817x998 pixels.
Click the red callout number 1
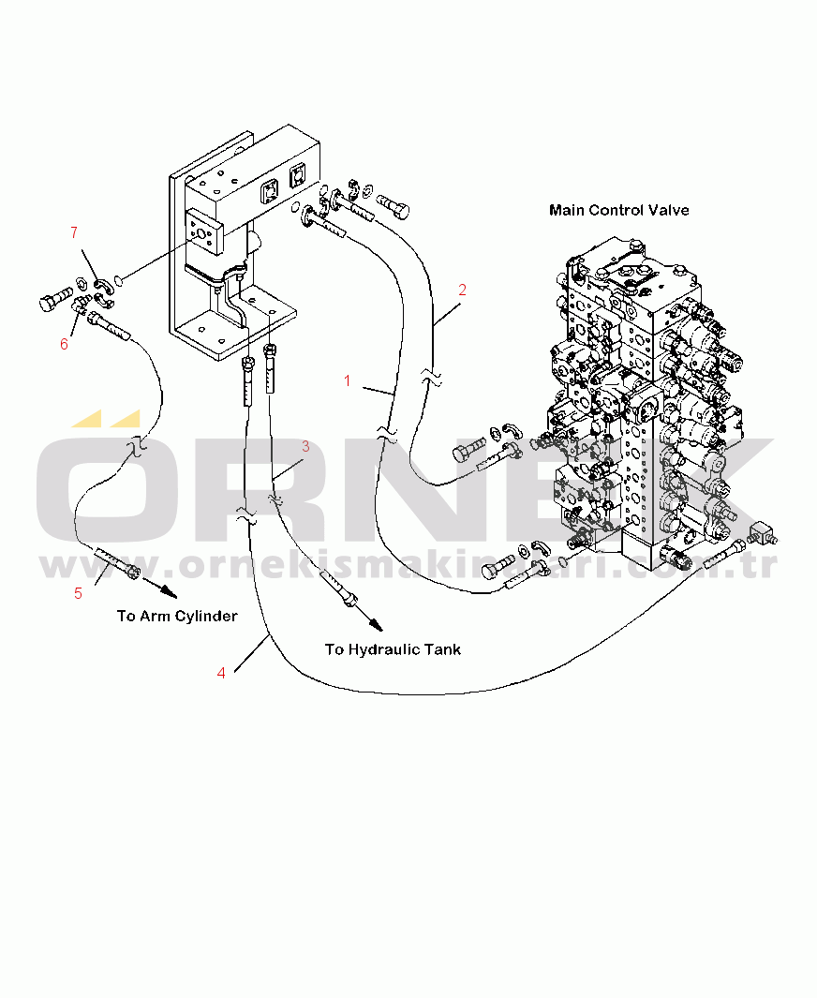click(348, 381)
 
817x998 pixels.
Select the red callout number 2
click(462, 290)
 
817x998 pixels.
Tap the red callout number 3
click(305, 447)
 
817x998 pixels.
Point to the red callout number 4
click(221, 672)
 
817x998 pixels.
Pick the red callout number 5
click(78, 592)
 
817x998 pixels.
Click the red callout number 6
click(64, 344)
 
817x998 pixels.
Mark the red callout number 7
click(75, 232)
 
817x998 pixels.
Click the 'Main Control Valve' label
click(618, 210)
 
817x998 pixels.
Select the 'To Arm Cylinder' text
click(176, 616)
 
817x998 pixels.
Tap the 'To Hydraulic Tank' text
click(393, 648)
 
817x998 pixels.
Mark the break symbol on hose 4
click(246, 514)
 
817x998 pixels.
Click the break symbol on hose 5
click(136, 445)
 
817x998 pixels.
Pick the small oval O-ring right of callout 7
click(119, 278)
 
